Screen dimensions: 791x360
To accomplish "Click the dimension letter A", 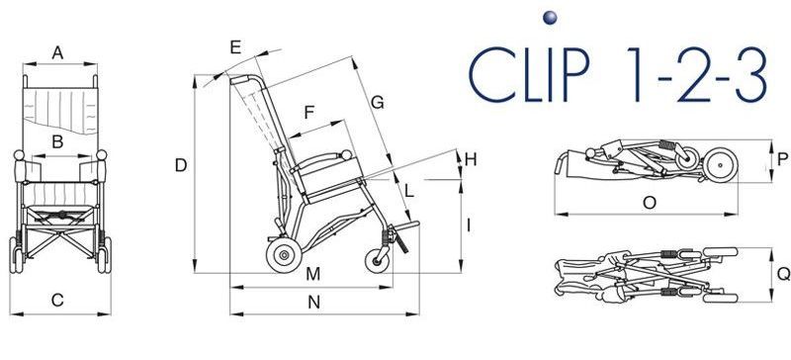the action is (x=58, y=52).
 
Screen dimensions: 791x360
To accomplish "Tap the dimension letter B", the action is (x=57, y=142).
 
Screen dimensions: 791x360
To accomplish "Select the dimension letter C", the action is (x=57, y=301).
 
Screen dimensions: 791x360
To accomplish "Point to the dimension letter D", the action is (x=181, y=165).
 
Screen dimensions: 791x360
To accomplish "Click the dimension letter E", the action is (x=235, y=46).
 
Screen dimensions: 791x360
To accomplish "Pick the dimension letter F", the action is (x=309, y=113).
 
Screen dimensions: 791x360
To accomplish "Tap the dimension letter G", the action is (x=378, y=103).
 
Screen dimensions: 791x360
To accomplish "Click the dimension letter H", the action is (x=471, y=160).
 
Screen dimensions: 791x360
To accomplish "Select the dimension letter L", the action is (x=409, y=191).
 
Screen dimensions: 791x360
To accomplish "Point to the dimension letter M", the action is (x=313, y=274).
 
